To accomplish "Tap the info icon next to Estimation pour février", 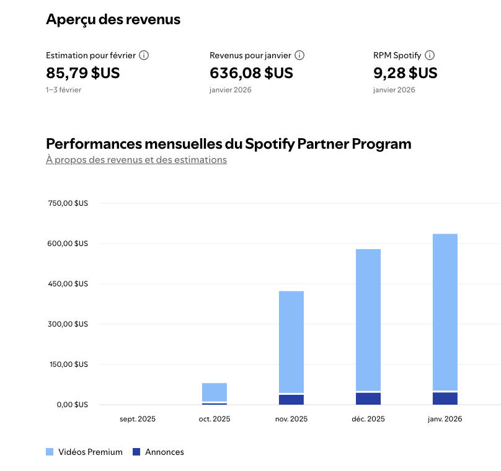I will pyautogui.click(x=144, y=55).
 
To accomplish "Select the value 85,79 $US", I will pyautogui.click(x=83, y=73).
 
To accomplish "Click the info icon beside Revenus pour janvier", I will pyautogui.click(x=299, y=55).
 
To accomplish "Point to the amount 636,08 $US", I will pyautogui.click(x=251, y=73).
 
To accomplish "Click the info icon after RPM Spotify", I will pyautogui.click(x=430, y=55).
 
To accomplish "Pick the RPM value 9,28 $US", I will pyautogui.click(x=405, y=73).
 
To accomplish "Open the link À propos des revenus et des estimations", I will pyautogui.click(x=136, y=160).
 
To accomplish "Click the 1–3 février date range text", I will pyautogui.click(x=63, y=90).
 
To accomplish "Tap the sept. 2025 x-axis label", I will pyautogui.click(x=138, y=419).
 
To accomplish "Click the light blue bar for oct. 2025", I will pyautogui.click(x=215, y=392).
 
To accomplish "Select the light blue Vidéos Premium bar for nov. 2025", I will pyautogui.click(x=291, y=341).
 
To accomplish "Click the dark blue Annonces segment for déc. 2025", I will pyautogui.click(x=368, y=398).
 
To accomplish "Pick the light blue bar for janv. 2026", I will pyautogui.click(x=445, y=310).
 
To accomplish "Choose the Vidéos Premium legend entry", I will pyautogui.click(x=84, y=452).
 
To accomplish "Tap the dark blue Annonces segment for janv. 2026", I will pyautogui.click(x=445, y=398).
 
